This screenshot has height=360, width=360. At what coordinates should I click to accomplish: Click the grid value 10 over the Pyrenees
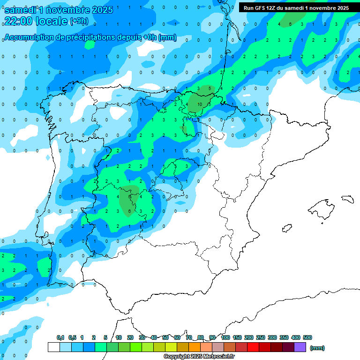click(200, 104)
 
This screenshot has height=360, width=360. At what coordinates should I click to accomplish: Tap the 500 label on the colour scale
click(307, 337)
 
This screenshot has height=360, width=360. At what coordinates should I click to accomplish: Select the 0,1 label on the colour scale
click(60, 337)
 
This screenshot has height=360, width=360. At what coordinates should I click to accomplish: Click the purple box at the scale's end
click(300, 347)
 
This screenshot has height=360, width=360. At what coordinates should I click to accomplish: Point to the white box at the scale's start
click(53, 347)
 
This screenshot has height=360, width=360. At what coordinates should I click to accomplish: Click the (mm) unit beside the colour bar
click(317, 348)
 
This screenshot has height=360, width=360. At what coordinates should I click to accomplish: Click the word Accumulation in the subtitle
click(30, 37)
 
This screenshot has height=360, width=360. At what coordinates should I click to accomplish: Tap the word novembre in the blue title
click(69, 10)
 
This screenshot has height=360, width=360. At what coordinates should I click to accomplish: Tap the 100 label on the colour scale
click(225, 337)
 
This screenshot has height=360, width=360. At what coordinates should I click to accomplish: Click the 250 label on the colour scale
click(261, 337)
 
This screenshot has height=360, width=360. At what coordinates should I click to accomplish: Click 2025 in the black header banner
click(340, 8)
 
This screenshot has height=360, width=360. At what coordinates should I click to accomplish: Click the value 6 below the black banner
click(290, 24)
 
